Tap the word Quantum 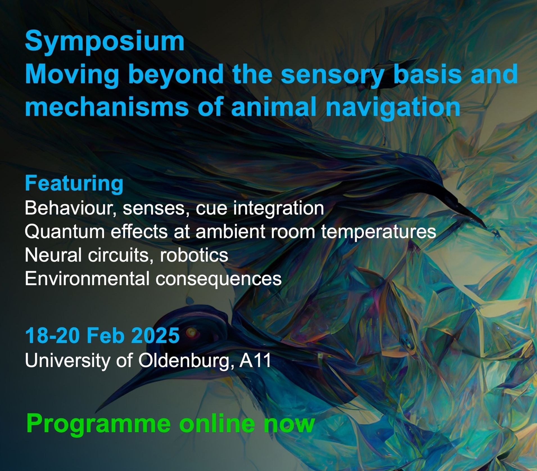pyautogui.click(x=65, y=232)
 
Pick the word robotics pyautogui.click(x=194, y=255)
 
